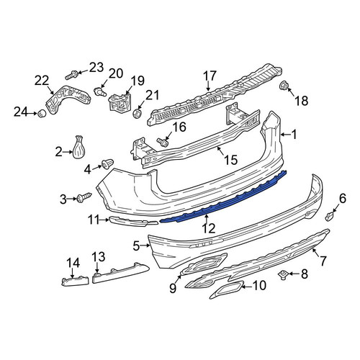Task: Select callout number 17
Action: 210,76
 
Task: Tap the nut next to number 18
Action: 285,86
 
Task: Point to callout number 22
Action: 42,81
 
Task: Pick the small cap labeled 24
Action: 42,114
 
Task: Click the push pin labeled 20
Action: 99,91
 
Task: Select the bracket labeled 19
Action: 120,103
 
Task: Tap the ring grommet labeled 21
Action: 137,113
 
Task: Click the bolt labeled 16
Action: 163,142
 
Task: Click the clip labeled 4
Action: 108,164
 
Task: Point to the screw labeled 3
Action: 84,197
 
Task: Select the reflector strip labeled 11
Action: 133,222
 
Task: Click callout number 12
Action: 209,228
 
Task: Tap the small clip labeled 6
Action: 329,216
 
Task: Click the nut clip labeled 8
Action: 282,275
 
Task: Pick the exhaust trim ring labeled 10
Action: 227,289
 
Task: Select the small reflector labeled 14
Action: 75,282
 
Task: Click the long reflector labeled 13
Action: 121,273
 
